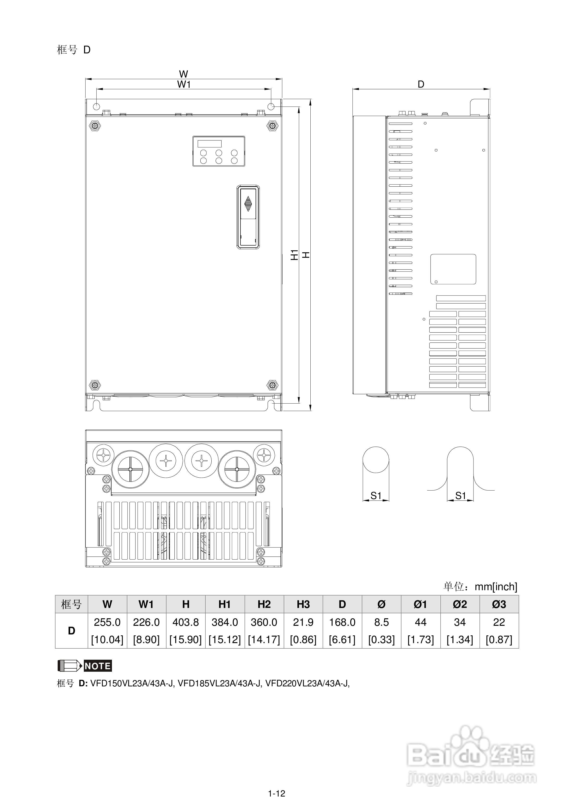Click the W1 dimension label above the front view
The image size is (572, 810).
[x=184, y=84]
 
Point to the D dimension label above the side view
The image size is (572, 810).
[x=421, y=84]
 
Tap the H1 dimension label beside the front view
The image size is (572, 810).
[x=294, y=255]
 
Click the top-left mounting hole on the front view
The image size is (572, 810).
[x=96, y=106]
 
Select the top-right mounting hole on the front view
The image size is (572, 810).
[x=271, y=106]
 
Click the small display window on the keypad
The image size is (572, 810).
[x=209, y=144]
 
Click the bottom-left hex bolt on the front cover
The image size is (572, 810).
[x=95, y=385]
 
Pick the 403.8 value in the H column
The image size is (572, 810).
[x=186, y=622]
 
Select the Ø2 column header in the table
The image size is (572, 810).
[x=460, y=604]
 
